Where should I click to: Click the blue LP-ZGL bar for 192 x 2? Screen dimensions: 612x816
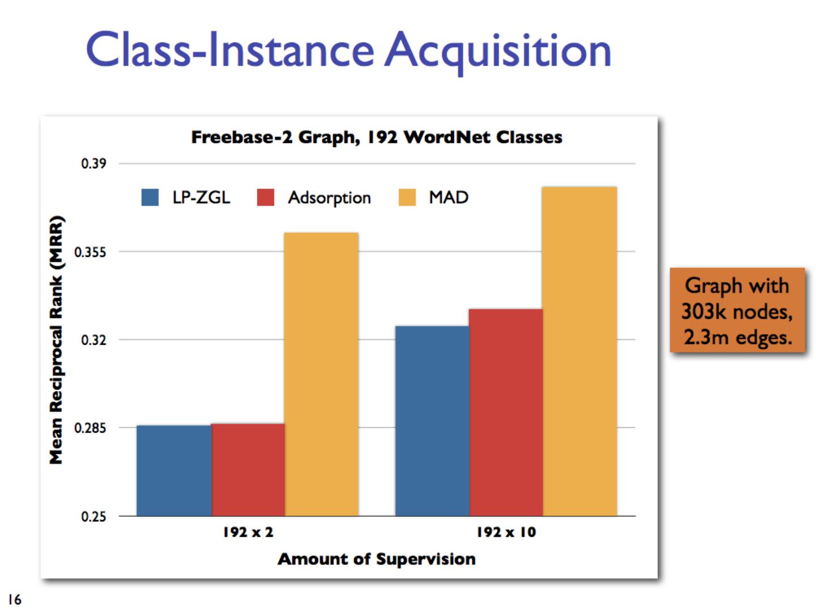click(174, 470)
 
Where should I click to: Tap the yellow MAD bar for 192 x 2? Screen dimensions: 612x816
click(321, 374)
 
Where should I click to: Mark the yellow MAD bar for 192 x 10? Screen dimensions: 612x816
click(580, 351)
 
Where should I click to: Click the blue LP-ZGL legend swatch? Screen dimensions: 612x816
click(150, 197)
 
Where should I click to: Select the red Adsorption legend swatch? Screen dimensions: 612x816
click(266, 197)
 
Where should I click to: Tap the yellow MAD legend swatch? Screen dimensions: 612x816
click(407, 197)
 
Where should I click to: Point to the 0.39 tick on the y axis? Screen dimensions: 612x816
click(93, 164)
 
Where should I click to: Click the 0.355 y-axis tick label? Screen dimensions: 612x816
click(91, 252)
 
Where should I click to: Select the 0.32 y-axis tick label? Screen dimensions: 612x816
click(93, 340)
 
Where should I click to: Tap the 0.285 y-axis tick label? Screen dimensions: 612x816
click(91, 428)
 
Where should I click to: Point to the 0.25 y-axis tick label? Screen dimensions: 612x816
click(93, 516)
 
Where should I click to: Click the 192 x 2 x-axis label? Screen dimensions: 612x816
click(248, 532)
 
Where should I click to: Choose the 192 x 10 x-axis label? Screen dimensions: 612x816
click(506, 532)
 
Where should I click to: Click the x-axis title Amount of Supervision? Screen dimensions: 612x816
click(377, 559)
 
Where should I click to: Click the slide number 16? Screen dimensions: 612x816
click(15, 599)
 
